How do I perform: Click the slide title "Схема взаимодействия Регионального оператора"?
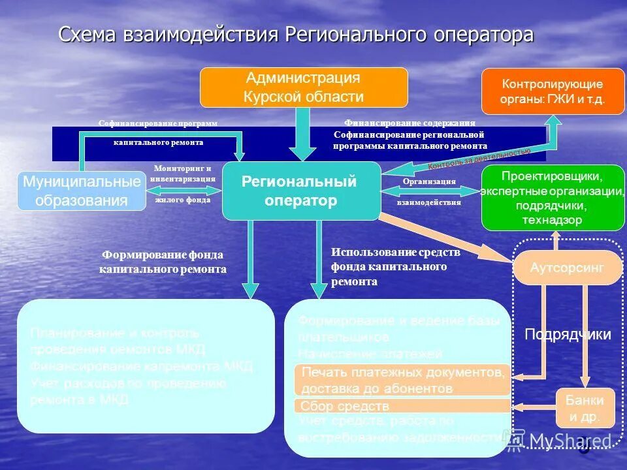point(296,34)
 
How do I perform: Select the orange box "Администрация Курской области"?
point(303,87)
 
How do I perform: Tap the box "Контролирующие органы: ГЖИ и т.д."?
point(553,92)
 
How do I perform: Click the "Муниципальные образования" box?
point(82,191)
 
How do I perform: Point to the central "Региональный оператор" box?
point(300,191)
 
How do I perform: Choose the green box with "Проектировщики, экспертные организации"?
point(553,198)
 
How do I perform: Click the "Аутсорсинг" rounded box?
point(567,268)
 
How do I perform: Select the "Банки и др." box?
point(585,408)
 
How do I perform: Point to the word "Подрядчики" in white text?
point(568,335)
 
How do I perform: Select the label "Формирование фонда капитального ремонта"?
point(163,262)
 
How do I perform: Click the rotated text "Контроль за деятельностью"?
point(479,159)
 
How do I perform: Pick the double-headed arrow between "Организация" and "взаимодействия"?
point(430,191)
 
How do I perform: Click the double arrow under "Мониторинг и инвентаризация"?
point(184,191)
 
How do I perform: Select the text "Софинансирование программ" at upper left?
point(158,123)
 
